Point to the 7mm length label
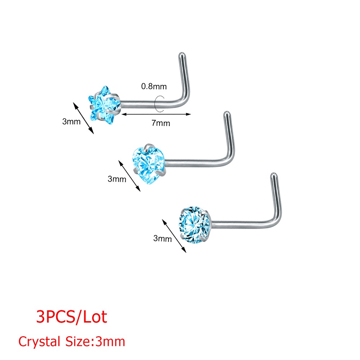click(161, 123)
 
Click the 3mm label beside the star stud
click(71, 121)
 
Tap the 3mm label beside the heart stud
click(117, 179)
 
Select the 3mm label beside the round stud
click(163, 238)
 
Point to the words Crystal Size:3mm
click(72, 341)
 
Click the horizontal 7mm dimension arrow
click(156, 114)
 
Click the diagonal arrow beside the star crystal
click(84, 118)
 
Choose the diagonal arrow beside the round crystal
click(174, 236)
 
